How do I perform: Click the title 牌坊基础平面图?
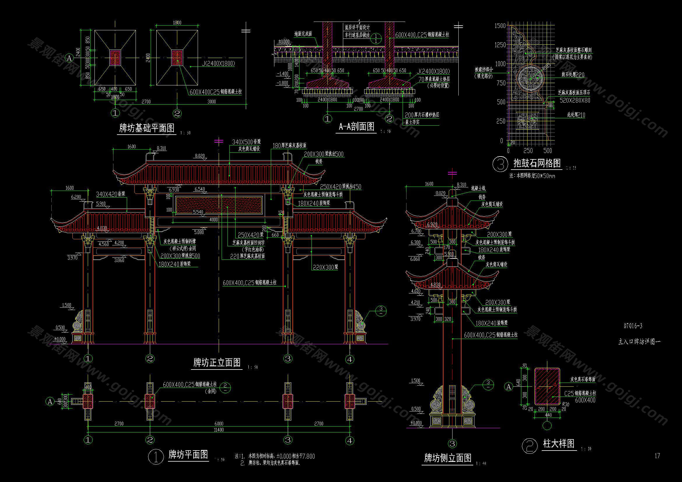tap(147, 128)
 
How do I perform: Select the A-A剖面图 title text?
tap(356, 127)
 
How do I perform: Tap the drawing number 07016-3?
tap(633, 326)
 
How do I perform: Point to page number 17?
tap(657, 455)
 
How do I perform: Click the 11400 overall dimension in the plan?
tap(219, 430)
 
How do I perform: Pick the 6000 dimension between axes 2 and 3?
tap(219, 423)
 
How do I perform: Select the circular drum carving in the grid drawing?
tap(530, 78)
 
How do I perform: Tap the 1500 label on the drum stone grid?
tap(500, 26)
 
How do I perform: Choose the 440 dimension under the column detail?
tap(548, 415)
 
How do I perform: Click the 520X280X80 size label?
tap(575, 101)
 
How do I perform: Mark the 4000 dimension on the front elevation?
tap(213, 220)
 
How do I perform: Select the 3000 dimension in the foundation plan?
tap(211, 101)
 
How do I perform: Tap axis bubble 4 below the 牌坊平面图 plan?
tap(350, 440)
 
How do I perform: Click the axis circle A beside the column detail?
tap(509, 386)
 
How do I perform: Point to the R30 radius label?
tap(566, 404)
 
